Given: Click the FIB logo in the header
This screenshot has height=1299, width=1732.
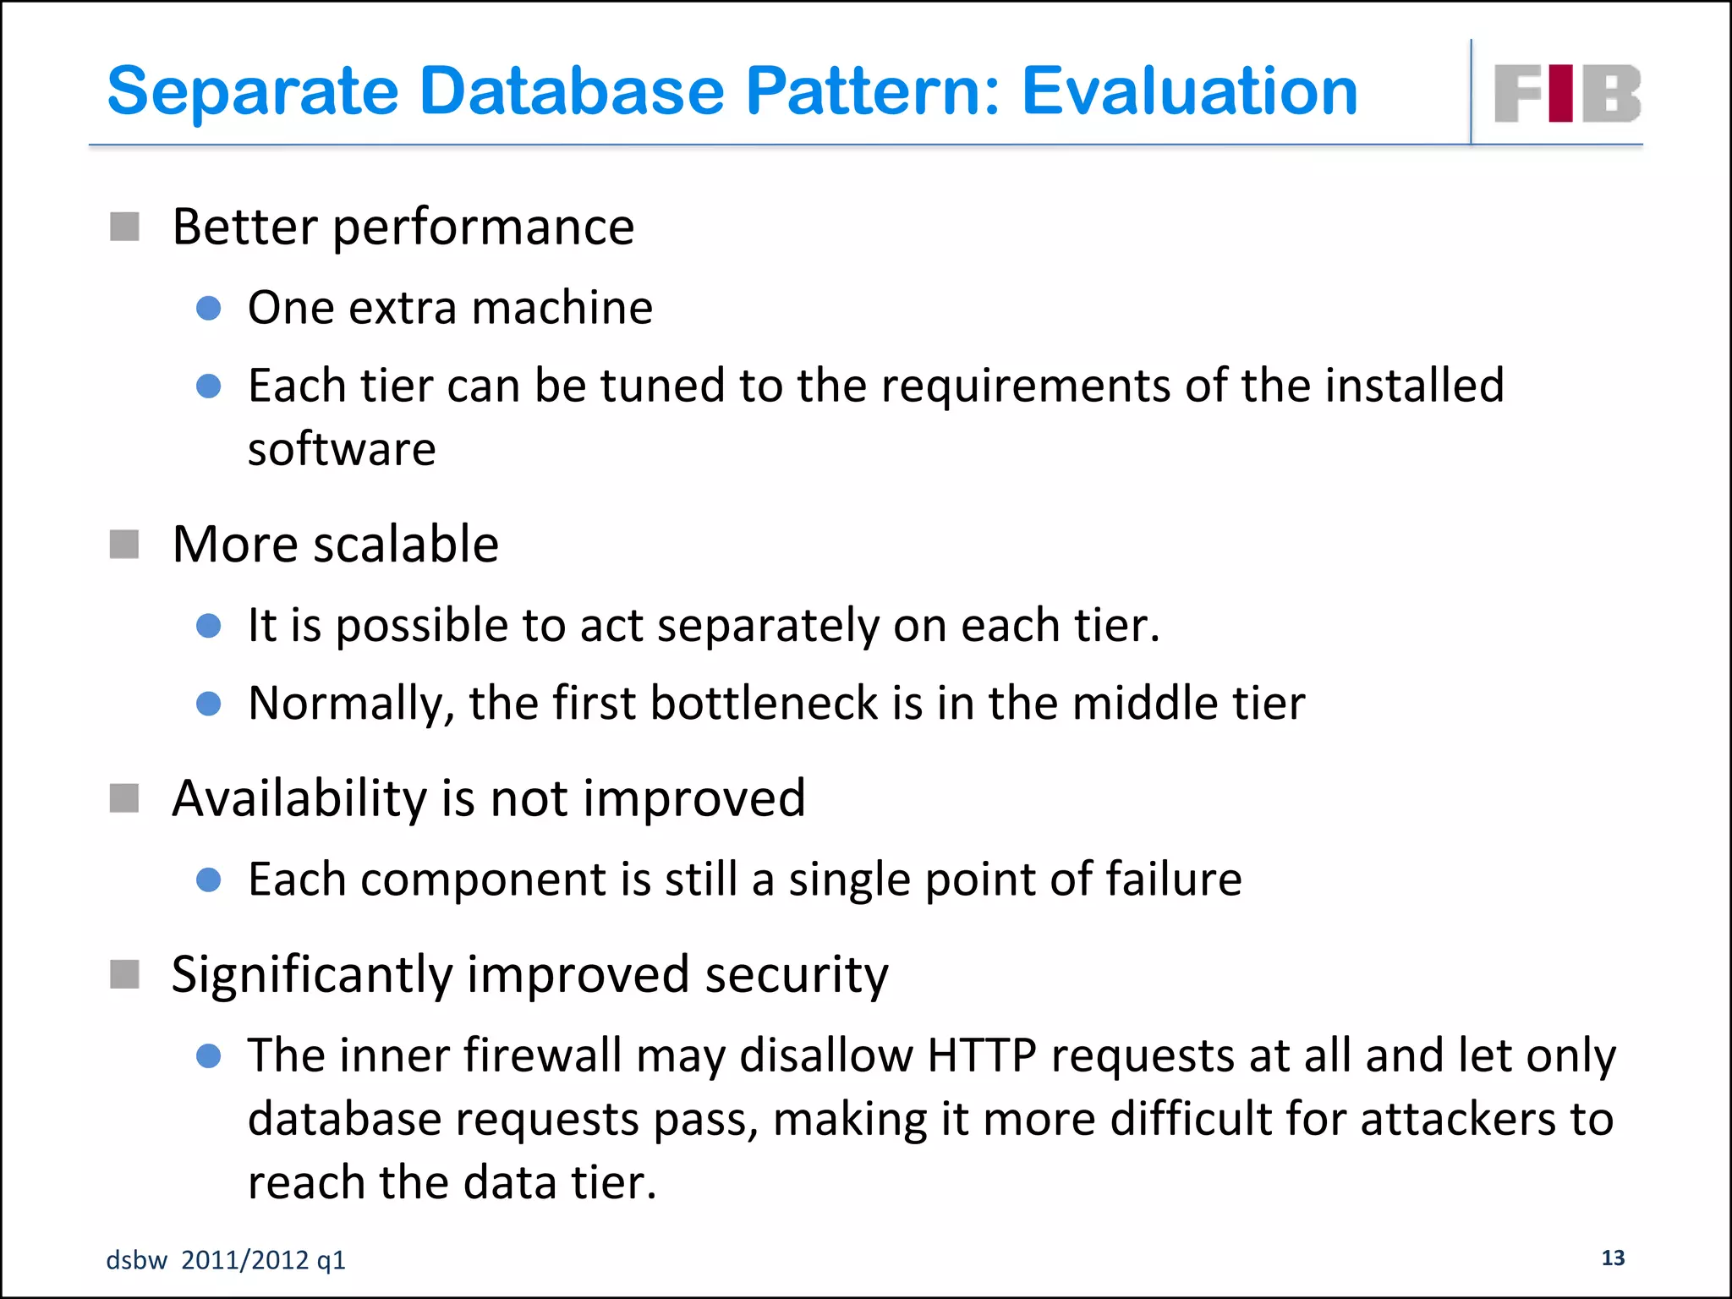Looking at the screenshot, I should pyautogui.click(x=1566, y=93).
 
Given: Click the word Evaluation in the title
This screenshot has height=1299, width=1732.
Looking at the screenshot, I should pyautogui.click(x=1189, y=91).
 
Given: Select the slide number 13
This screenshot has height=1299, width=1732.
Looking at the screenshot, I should pyautogui.click(x=1613, y=1258).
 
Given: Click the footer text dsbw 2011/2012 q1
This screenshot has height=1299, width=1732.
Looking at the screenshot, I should pyautogui.click(x=226, y=1260).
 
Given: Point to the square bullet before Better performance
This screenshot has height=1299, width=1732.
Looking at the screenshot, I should pyautogui.click(x=124, y=227).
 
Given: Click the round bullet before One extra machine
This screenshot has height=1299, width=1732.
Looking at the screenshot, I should pyautogui.click(x=208, y=308).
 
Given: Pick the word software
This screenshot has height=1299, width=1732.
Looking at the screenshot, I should pyautogui.click(x=342, y=448).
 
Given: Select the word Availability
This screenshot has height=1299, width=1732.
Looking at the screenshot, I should pyautogui.click(x=299, y=797).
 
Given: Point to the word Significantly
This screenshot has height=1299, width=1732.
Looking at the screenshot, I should pyautogui.click(x=312, y=975).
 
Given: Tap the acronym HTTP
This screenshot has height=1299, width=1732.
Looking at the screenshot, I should pyautogui.click(x=981, y=1055).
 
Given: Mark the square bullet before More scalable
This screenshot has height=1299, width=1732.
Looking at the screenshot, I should pyautogui.click(x=124, y=545).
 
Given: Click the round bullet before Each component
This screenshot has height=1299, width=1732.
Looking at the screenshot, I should pyautogui.click(x=208, y=880).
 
